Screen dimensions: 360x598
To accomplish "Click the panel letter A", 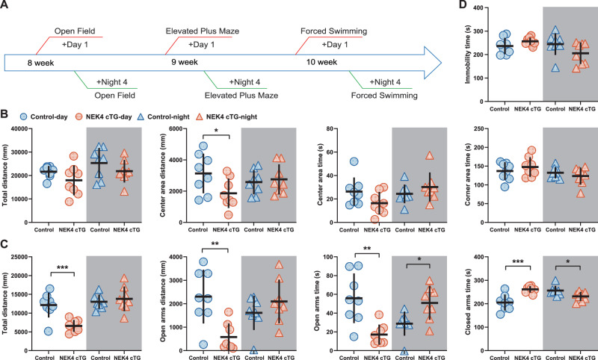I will (x=5, y=7).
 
